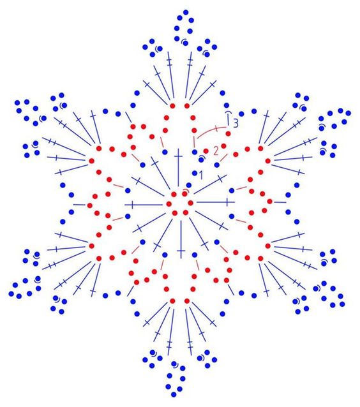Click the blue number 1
click(200, 175)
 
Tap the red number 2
click(216, 151)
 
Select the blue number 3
click(236, 122)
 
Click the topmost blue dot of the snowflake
click(186, 12)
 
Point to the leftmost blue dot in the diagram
click(11, 294)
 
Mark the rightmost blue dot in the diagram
click(349, 113)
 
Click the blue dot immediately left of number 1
click(195, 173)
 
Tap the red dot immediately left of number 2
click(206, 151)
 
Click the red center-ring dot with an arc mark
click(184, 194)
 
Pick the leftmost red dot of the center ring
click(169, 204)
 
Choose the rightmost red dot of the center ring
click(191, 203)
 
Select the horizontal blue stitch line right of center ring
click(216, 202)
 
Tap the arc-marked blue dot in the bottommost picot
click(174, 364)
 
